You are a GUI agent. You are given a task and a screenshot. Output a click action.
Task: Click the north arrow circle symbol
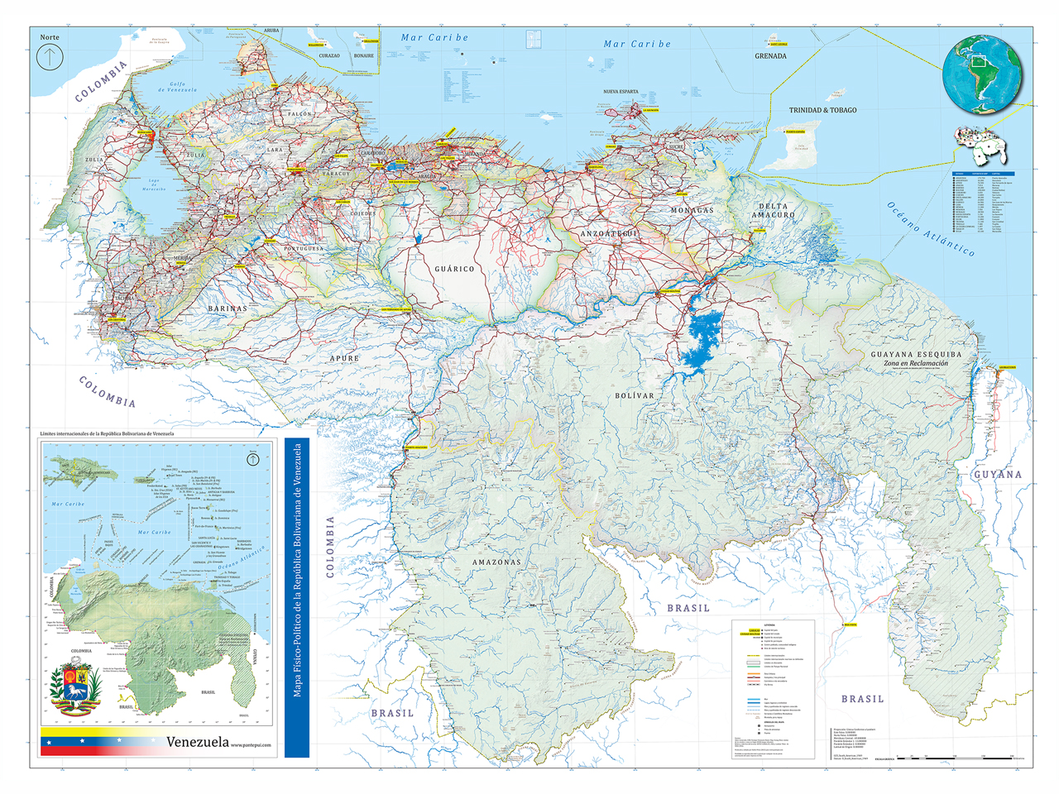pyautogui.click(x=50, y=58)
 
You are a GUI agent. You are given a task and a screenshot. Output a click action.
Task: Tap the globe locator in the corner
pyautogui.click(x=982, y=75)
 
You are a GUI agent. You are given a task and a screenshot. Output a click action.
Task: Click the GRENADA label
pyautogui.click(x=770, y=56)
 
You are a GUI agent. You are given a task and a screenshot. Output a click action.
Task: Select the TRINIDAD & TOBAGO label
pyautogui.click(x=822, y=110)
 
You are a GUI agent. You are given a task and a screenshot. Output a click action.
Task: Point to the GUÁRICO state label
pyautogui.click(x=455, y=269)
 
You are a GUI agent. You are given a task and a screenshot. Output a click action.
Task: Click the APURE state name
pyautogui.click(x=345, y=358)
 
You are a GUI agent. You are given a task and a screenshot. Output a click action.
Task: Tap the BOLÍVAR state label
pyautogui.click(x=635, y=396)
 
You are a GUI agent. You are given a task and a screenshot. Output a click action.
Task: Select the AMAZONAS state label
pyautogui.click(x=496, y=562)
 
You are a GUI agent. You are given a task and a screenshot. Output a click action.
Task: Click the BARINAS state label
pyautogui.click(x=228, y=309)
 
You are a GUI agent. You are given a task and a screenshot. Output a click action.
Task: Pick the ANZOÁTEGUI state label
pyautogui.click(x=609, y=234)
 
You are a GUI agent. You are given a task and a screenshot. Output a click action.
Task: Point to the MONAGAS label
pyautogui.click(x=692, y=211)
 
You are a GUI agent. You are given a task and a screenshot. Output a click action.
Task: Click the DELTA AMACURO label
pyautogui.click(x=773, y=210)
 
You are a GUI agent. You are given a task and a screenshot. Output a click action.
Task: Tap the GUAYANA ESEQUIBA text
pyautogui.click(x=916, y=354)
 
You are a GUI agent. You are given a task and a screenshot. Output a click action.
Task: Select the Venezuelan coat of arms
pyautogui.click(x=75, y=687)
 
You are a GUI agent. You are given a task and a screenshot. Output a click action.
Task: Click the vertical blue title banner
pyautogui.click(x=297, y=597)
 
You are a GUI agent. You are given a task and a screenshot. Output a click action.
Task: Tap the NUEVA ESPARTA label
pyautogui.click(x=621, y=92)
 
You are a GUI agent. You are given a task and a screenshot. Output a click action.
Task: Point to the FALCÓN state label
pyautogui.click(x=299, y=114)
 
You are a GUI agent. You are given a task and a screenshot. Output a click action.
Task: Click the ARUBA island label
pyautogui.click(x=271, y=31)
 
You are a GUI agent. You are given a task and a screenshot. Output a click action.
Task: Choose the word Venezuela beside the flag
pyautogui.click(x=197, y=742)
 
